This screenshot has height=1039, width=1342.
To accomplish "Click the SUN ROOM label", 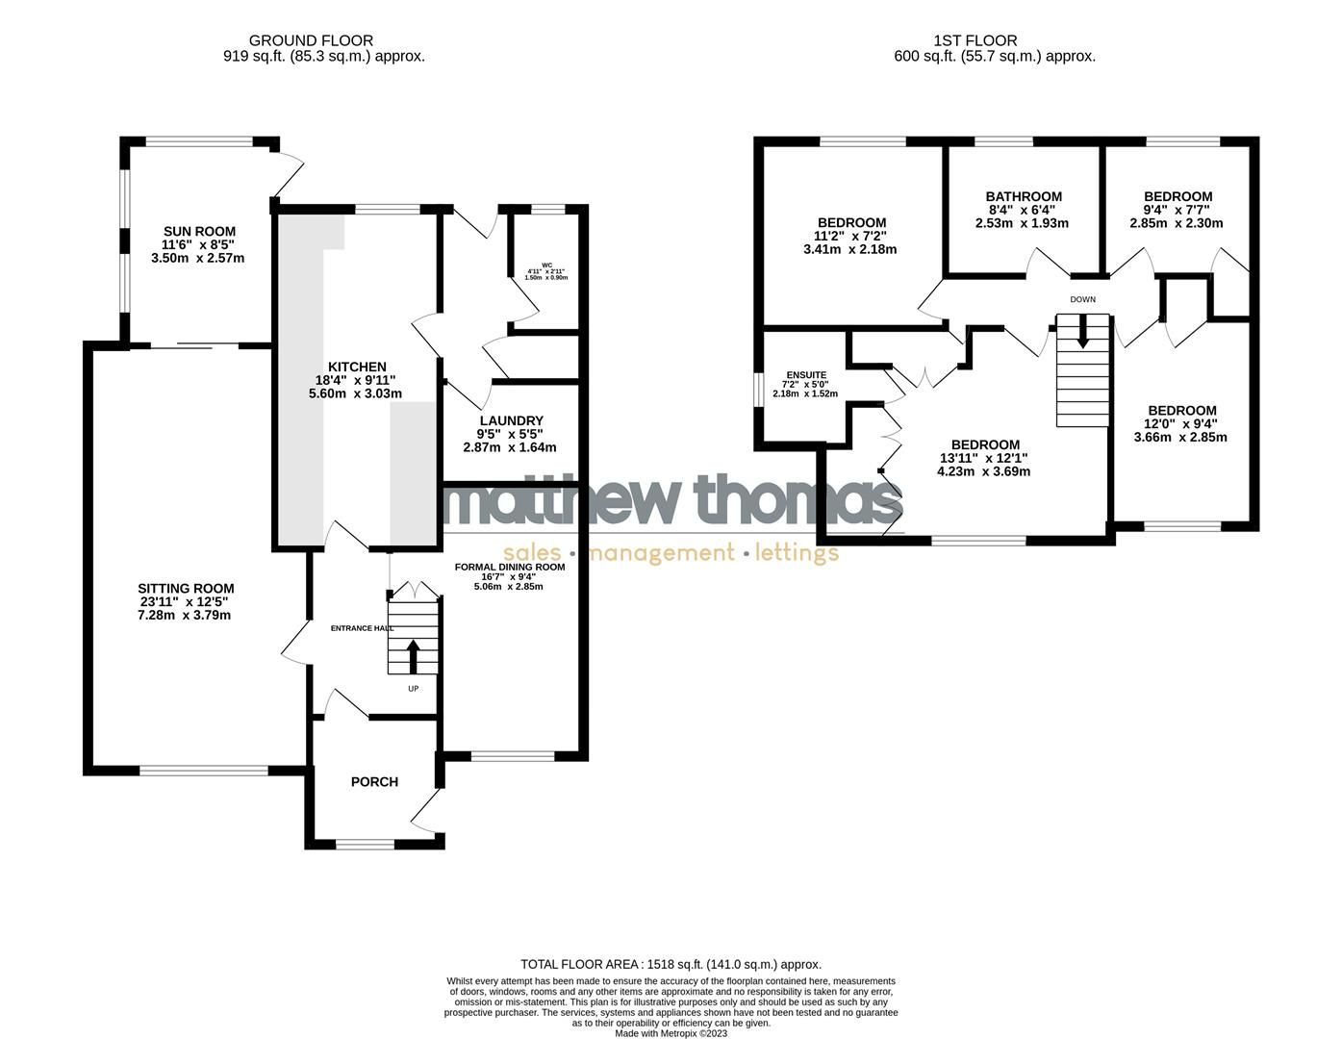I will pyautogui.click(x=199, y=232).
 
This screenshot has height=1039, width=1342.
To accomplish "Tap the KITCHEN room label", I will pyautogui.click(x=357, y=367).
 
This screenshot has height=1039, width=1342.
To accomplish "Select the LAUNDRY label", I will pyautogui.click(x=511, y=420).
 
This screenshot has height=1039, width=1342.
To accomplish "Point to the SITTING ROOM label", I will pyautogui.click(x=186, y=589).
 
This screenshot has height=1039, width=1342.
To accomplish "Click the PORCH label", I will pyautogui.click(x=374, y=782).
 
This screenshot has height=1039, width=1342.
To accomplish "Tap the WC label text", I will pyautogui.click(x=546, y=266).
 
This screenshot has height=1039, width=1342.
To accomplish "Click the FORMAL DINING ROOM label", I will pyautogui.click(x=510, y=567).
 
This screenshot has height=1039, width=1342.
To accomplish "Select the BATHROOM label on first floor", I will pyautogui.click(x=1025, y=196).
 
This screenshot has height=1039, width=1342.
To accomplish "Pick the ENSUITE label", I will pyautogui.click(x=806, y=375).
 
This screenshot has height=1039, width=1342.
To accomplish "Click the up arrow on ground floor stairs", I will pyautogui.click(x=414, y=657).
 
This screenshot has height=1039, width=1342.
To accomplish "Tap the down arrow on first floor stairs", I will pyautogui.click(x=1083, y=332).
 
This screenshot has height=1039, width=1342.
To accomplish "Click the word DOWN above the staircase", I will pyautogui.click(x=1082, y=299).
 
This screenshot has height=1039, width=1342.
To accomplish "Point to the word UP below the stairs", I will pyautogui.click(x=414, y=689).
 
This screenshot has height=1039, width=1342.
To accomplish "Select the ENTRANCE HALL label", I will pyautogui.click(x=362, y=628).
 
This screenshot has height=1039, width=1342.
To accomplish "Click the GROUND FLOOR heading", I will pyautogui.click(x=311, y=40).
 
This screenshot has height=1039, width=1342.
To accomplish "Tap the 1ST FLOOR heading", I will pyautogui.click(x=975, y=40).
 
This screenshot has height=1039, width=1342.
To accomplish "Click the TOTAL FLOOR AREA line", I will pyautogui.click(x=671, y=964).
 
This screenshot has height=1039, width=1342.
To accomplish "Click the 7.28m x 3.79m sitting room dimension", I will pyautogui.click(x=184, y=616).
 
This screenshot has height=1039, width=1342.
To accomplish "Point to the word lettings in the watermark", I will pyautogui.click(x=797, y=553).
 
